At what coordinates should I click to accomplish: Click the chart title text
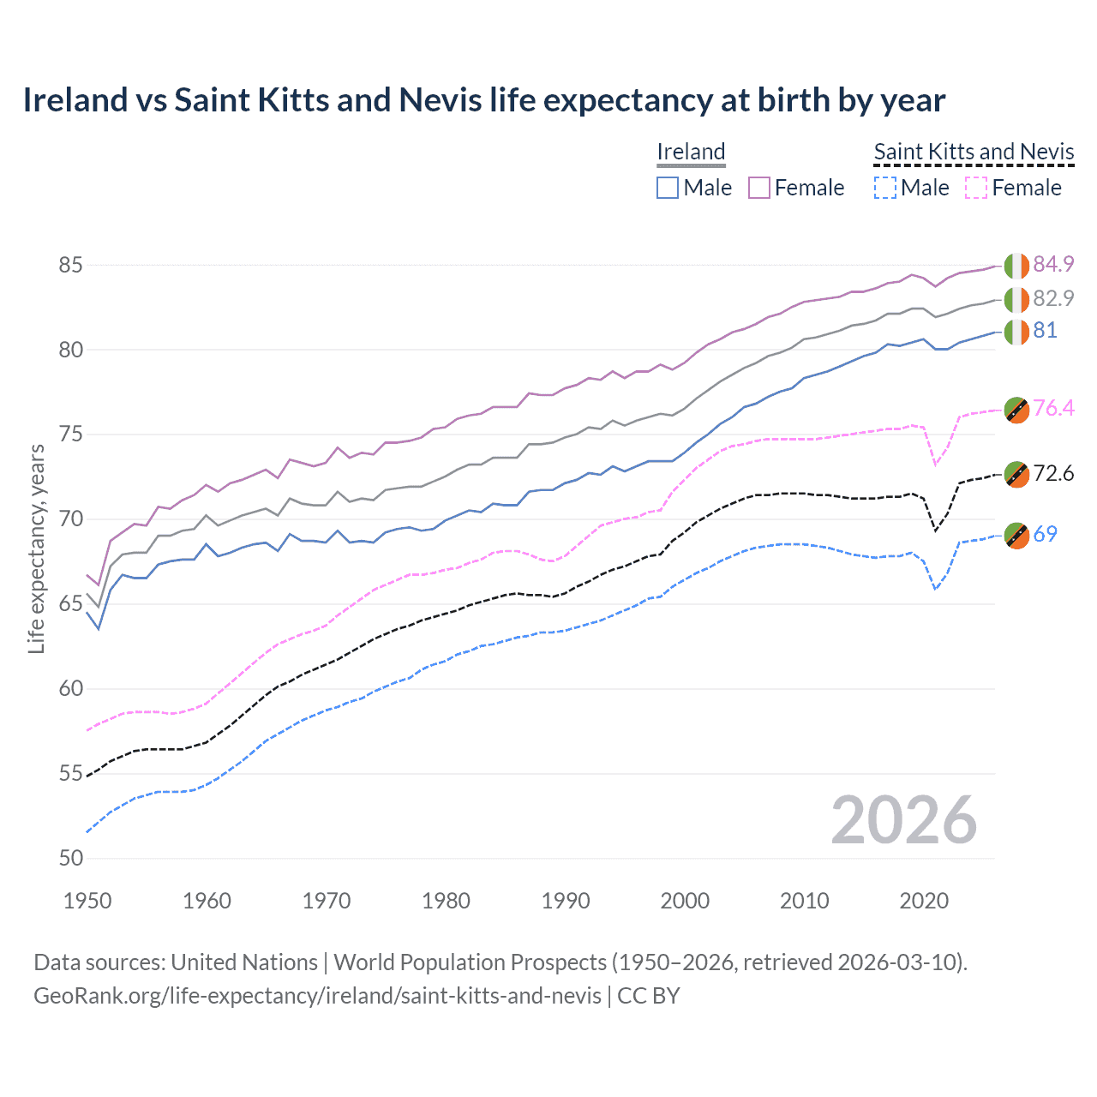click(483, 100)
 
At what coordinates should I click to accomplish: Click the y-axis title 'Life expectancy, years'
click(36, 548)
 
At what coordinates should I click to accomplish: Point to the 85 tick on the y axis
click(70, 266)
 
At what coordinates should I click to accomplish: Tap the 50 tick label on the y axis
click(70, 859)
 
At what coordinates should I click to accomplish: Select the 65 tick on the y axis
click(70, 604)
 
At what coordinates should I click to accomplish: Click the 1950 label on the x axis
click(87, 901)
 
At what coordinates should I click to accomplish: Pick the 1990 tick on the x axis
click(566, 901)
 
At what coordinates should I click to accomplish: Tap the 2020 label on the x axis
click(924, 901)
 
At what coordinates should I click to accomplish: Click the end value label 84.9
click(1053, 265)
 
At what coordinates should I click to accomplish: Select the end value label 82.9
click(1053, 298)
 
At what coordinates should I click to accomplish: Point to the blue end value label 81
click(1045, 331)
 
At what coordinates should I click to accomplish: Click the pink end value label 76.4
click(1053, 408)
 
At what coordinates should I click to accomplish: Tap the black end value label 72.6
click(1053, 474)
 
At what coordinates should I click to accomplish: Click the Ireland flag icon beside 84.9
click(1016, 266)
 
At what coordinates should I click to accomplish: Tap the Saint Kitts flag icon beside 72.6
click(1016, 474)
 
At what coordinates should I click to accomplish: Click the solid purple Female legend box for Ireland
click(759, 188)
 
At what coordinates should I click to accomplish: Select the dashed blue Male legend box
click(884, 188)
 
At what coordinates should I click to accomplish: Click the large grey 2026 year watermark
click(903, 820)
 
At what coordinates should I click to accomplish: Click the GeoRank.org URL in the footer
click(317, 996)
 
